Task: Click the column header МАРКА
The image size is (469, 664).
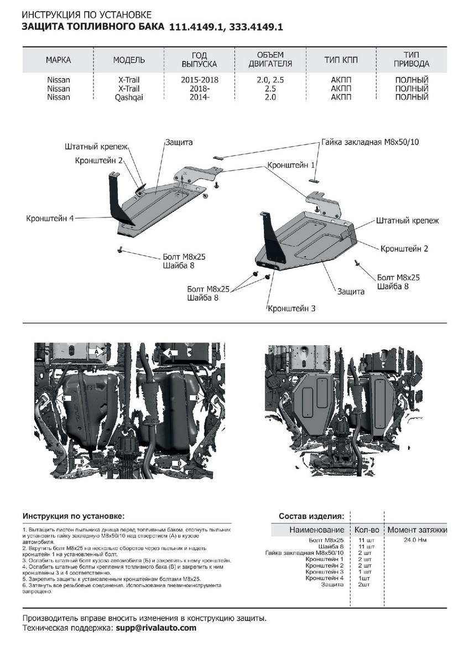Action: (59, 60)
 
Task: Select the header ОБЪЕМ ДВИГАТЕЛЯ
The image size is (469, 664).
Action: (270, 59)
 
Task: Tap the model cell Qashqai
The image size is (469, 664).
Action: (128, 97)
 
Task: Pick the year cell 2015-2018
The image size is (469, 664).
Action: (200, 80)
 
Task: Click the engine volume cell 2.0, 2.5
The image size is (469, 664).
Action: (270, 80)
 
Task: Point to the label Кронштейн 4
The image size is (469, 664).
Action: (50, 218)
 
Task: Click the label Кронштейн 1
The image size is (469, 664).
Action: (291, 165)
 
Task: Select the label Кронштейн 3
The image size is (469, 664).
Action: (291, 308)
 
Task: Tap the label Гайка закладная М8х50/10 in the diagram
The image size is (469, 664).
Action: (370, 142)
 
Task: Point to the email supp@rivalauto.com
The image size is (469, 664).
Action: (156, 628)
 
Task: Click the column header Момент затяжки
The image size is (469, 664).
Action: (416, 530)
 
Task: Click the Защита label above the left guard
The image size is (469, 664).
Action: (179, 142)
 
